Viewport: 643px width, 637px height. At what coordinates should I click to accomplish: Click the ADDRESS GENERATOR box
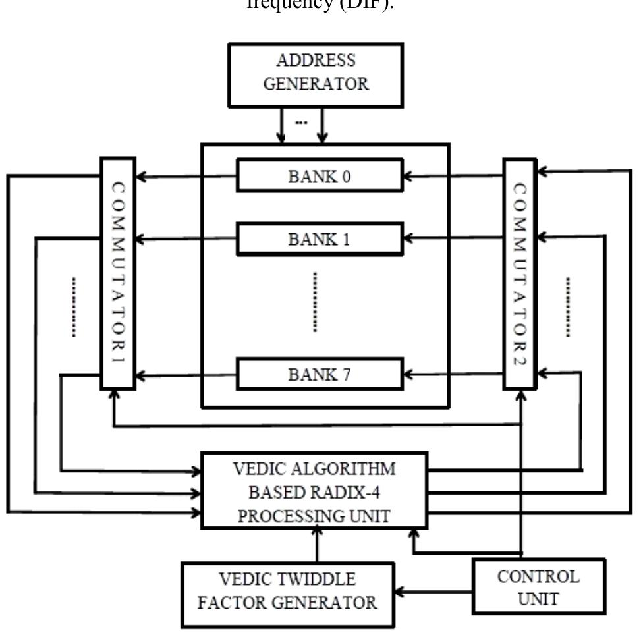(315, 74)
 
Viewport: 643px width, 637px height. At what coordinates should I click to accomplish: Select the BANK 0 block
(320, 175)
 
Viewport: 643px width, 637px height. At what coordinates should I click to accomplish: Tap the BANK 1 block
(320, 238)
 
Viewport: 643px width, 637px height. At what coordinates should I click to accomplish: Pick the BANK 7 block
(320, 374)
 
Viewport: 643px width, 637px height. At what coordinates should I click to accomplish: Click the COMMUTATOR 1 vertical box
(118, 273)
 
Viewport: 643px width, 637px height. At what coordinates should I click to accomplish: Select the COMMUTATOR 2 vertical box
(519, 273)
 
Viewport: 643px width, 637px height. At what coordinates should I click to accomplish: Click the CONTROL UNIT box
(538, 588)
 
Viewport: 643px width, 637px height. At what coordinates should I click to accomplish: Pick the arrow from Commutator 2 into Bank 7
(453, 374)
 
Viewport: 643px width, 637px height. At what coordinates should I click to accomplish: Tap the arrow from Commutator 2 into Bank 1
(453, 239)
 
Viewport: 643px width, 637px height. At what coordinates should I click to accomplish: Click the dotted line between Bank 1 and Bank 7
(315, 302)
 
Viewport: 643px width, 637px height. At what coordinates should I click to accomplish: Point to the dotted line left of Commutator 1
(74, 307)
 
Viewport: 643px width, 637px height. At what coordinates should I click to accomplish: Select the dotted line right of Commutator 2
(567, 307)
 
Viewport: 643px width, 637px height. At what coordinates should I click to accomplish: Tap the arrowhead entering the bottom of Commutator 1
(115, 395)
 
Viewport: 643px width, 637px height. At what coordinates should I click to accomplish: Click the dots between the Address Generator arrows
(301, 123)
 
